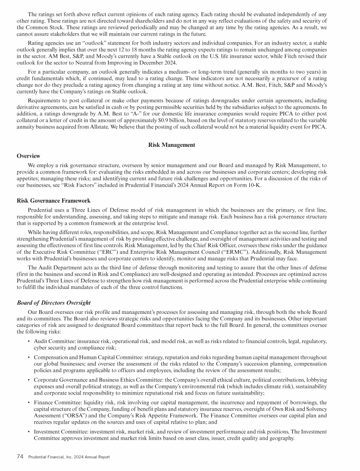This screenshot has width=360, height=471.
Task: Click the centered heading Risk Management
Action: pos(172,145)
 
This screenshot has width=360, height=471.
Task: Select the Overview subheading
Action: pos(28,156)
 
